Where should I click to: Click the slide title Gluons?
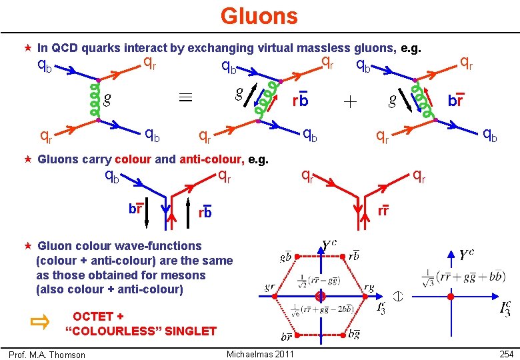coord(259,15)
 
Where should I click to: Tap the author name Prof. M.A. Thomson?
coord(47,355)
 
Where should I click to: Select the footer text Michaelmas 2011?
coord(260,353)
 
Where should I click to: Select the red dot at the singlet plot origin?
coord(450,296)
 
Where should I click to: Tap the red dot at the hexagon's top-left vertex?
coord(297,256)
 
